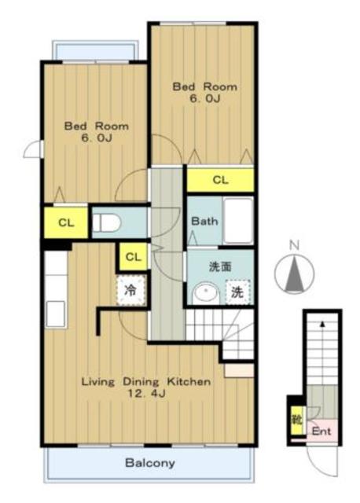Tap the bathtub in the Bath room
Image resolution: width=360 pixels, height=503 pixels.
click(x=238, y=221)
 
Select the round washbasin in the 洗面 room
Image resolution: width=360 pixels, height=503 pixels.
click(x=206, y=293)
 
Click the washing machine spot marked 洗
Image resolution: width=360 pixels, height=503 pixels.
click(x=237, y=292)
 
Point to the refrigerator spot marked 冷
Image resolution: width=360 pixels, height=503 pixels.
click(x=131, y=290)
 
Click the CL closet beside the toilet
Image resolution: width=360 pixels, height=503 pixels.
click(x=66, y=222)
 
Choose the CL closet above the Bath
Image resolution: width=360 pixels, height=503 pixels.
click(x=220, y=180)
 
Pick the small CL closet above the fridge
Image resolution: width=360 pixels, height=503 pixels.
click(x=133, y=257)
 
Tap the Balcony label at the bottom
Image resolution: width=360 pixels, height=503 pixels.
click(x=150, y=463)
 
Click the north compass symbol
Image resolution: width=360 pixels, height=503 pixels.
click(x=294, y=274)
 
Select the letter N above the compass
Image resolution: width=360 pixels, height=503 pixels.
click(x=294, y=245)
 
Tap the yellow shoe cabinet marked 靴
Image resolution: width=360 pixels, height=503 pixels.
click(x=297, y=420)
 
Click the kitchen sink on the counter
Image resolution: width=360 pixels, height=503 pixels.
click(x=56, y=314)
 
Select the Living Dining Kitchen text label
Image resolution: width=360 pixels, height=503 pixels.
click(x=146, y=382)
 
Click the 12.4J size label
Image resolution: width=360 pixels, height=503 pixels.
click(x=147, y=393)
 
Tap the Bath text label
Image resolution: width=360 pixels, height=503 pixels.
click(x=204, y=221)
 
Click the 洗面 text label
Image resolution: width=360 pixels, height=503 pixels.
click(x=220, y=266)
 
